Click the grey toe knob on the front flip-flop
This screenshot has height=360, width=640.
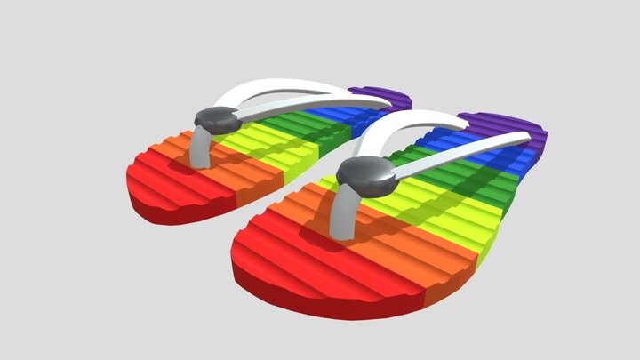(367, 176)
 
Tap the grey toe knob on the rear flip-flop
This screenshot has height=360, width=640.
(216, 119)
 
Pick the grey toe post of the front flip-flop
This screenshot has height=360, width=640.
(342, 218)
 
